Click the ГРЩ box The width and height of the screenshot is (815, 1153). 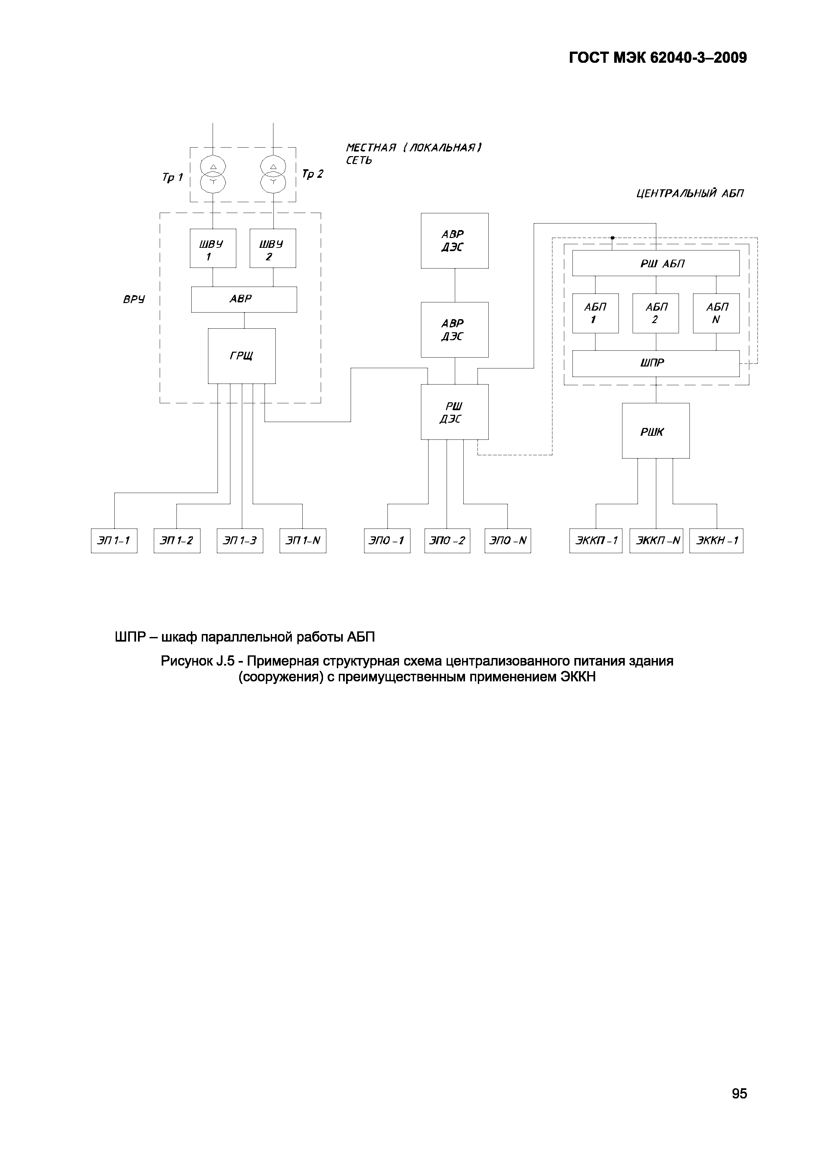coord(242,356)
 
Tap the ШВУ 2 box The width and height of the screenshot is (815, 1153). coord(273,248)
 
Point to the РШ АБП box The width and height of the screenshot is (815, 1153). coord(656,264)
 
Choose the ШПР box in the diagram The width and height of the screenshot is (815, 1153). coord(656,364)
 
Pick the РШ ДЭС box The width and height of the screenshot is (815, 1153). coord(454,412)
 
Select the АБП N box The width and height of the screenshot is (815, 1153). coord(716,313)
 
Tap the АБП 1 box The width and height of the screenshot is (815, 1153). coord(595,313)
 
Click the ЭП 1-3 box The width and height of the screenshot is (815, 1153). coord(240,541)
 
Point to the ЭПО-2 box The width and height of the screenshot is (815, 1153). coord(447,541)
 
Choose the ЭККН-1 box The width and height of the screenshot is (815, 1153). coord(716,541)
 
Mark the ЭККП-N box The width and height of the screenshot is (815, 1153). coord(656,541)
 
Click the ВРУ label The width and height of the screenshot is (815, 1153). coord(133,300)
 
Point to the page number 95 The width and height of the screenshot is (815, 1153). coord(739,1093)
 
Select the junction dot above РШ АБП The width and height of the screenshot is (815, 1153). coord(613,238)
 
